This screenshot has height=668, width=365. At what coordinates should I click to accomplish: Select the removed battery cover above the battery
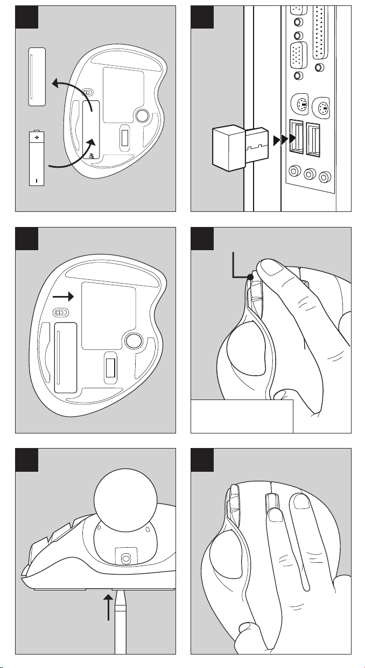[x=37, y=75]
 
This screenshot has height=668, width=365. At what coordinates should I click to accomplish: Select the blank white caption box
[x=242, y=416]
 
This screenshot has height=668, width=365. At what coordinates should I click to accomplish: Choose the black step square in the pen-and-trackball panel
[x=26, y=459]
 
